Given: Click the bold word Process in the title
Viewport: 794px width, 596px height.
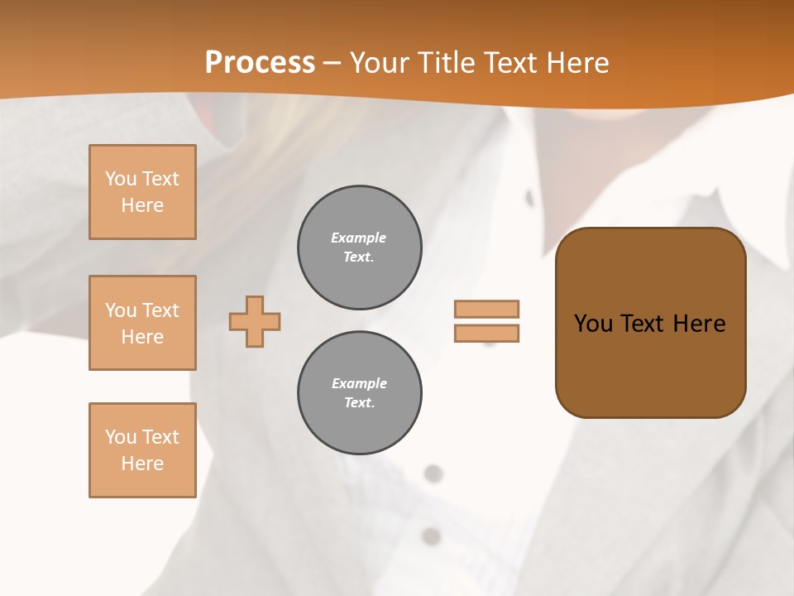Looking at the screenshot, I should pyautogui.click(x=260, y=63).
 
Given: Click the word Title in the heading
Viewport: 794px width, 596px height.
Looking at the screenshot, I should pyautogui.click(x=445, y=63).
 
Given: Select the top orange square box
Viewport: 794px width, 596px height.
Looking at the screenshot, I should pyautogui.click(x=142, y=192).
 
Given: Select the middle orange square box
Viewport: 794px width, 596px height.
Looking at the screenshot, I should pyautogui.click(x=142, y=323).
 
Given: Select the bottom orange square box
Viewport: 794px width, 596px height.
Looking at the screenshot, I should pyautogui.click(x=142, y=450).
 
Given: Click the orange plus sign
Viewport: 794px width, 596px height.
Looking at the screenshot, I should pyautogui.click(x=255, y=321).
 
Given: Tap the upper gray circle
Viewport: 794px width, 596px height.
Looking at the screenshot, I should pyautogui.click(x=359, y=248).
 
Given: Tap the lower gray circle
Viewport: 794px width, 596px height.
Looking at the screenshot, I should pyautogui.click(x=359, y=393).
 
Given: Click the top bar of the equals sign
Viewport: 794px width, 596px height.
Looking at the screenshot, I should pyautogui.click(x=486, y=309).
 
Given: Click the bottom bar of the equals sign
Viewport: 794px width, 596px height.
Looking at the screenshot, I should pyautogui.click(x=486, y=333).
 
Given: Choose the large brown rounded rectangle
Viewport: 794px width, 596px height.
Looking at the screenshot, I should pyautogui.click(x=650, y=364).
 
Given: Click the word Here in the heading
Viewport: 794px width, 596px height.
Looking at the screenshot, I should pyautogui.click(x=578, y=63).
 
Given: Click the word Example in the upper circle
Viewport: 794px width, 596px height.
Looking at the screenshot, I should pyautogui.click(x=359, y=238).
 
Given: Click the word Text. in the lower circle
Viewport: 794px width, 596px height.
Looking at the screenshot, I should pyautogui.click(x=359, y=403).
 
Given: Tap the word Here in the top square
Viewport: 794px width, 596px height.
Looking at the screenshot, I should pyautogui.click(x=142, y=205).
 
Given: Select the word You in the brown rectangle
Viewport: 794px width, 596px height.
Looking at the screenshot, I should pyautogui.click(x=593, y=324).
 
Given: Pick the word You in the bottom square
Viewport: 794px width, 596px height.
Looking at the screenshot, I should pyautogui.click(x=120, y=437).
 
